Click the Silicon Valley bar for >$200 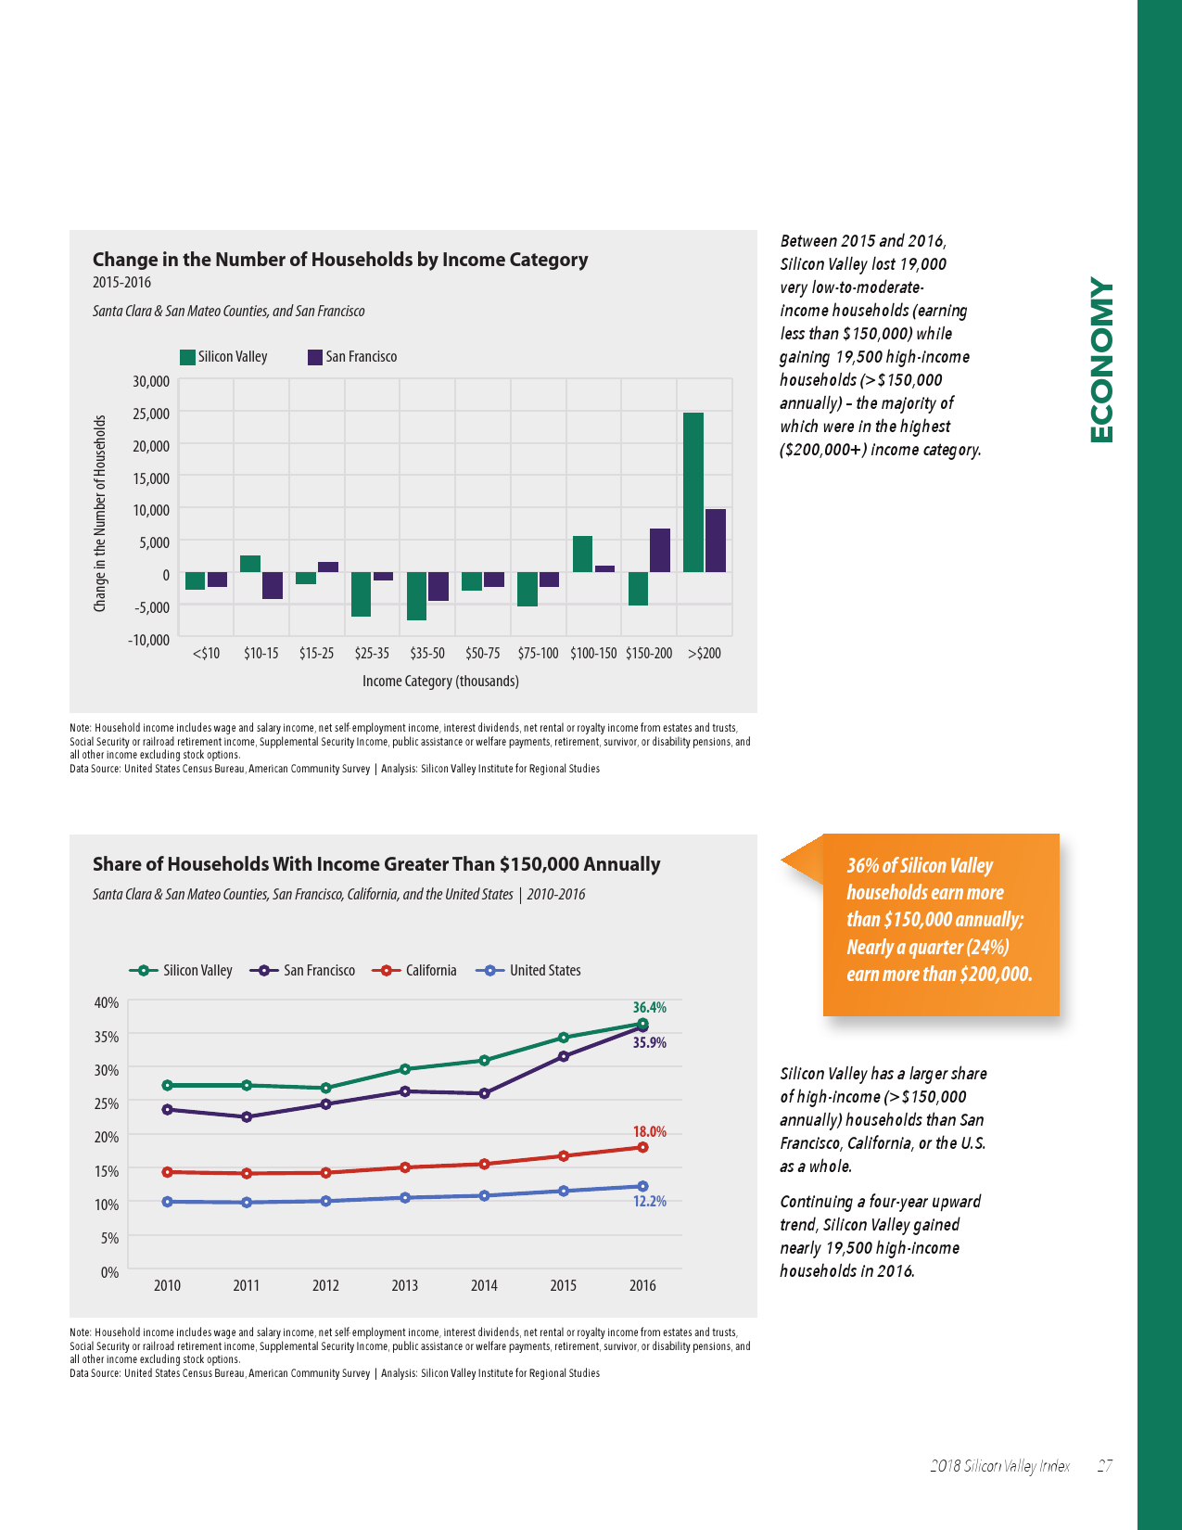[693, 492]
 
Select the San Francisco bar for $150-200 [660, 550]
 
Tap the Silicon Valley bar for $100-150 [582, 554]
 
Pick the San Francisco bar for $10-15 [273, 585]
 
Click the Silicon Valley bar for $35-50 [416, 595]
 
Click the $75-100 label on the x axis [538, 654]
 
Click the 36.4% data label [649, 1007]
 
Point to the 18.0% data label [649, 1131]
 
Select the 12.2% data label [649, 1201]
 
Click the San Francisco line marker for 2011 [247, 1116]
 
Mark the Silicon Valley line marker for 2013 [405, 1069]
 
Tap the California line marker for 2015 [564, 1155]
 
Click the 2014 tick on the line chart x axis [484, 1286]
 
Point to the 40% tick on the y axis [107, 1002]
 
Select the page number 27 [1104, 1466]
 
